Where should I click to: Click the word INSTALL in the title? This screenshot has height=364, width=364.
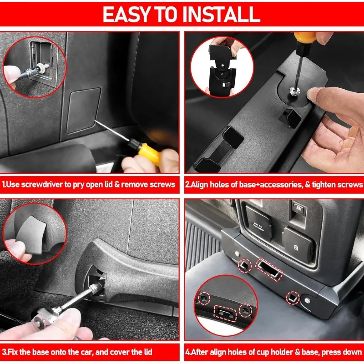point(221,15)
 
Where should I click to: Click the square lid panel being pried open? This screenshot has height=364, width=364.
point(83,111)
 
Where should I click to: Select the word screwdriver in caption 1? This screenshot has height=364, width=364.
point(42,185)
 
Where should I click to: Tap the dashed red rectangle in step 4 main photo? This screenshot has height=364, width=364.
point(269,269)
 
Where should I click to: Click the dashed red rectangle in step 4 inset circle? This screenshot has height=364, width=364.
point(225,313)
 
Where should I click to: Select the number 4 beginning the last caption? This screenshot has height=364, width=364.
point(187,352)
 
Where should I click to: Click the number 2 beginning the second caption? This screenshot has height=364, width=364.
point(187,185)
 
